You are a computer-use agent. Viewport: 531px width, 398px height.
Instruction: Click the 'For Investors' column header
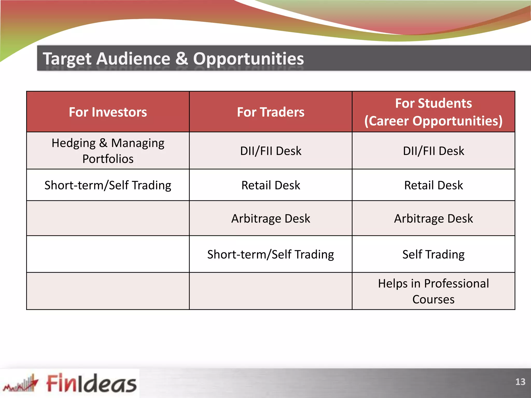(x=108, y=112)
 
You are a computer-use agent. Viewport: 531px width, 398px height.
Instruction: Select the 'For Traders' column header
(x=271, y=112)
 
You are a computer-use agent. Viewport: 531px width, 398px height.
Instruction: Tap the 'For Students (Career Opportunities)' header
(x=433, y=112)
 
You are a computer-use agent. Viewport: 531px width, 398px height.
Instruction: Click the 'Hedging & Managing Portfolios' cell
(x=108, y=151)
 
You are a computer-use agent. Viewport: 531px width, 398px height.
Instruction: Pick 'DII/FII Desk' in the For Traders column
(x=271, y=151)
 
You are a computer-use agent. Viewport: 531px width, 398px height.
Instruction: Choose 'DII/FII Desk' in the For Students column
(x=433, y=151)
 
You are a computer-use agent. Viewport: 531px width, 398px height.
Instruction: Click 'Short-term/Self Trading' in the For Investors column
(x=108, y=185)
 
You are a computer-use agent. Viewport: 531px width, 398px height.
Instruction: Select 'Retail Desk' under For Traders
(x=271, y=185)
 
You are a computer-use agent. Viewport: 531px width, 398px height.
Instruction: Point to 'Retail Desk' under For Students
(x=433, y=185)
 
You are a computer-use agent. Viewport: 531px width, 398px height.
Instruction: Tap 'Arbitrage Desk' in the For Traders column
(x=271, y=218)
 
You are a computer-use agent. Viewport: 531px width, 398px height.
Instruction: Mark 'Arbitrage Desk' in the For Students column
(x=433, y=218)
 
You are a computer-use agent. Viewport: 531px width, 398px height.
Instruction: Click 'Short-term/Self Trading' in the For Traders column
(x=271, y=254)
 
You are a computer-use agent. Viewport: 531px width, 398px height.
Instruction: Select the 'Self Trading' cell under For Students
(x=433, y=254)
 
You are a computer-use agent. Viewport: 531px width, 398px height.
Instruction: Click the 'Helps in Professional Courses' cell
(x=433, y=291)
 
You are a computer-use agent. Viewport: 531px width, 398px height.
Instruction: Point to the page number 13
(x=520, y=382)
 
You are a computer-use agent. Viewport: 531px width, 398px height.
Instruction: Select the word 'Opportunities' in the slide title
(x=248, y=59)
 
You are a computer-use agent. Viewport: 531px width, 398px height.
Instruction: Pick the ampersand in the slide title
(x=181, y=59)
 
